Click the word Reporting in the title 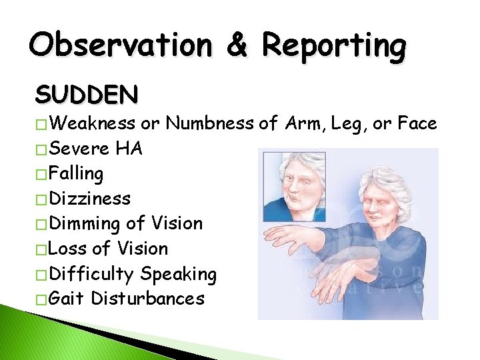333,45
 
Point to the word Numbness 208,123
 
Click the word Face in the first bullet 416,123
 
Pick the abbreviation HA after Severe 128,149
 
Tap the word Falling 77,173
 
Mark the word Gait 68,298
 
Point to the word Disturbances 148,298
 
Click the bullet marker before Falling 41,175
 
